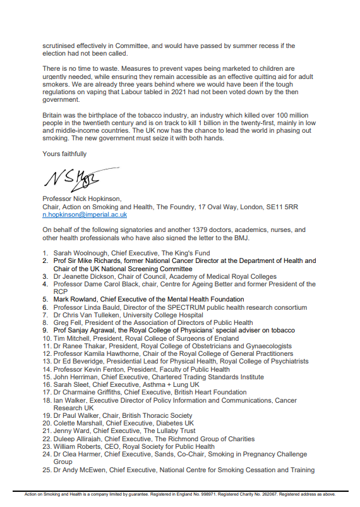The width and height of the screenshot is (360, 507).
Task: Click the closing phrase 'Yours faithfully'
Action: tap(64, 154)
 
